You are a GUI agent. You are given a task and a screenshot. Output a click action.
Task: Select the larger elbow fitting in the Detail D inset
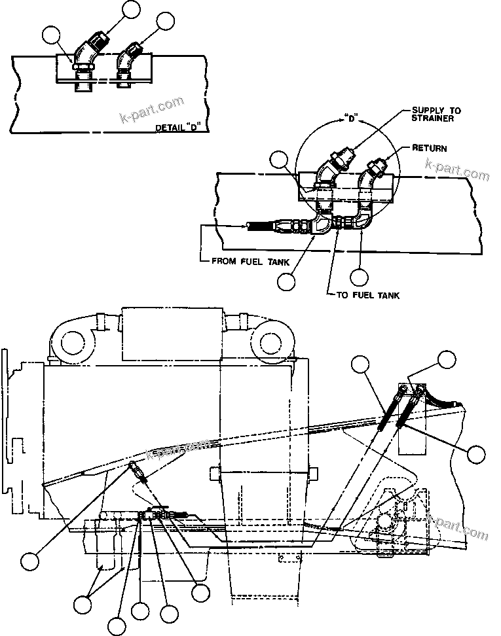[86, 58]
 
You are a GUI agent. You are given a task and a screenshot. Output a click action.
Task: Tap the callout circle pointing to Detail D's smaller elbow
[166, 22]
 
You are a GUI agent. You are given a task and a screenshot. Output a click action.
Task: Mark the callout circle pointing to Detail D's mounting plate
[51, 34]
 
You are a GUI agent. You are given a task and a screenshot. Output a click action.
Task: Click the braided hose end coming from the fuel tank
[262, 226]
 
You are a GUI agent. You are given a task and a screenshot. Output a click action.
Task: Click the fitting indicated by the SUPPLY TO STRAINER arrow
[338, 161]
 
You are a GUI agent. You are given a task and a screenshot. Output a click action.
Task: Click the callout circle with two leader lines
[83, 604]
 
